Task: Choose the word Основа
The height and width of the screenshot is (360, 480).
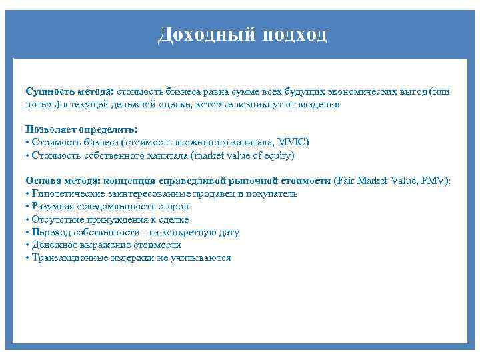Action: pos(41,181)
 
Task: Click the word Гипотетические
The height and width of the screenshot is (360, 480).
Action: pos(64,194)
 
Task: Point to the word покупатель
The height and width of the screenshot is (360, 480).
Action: pos(273,194)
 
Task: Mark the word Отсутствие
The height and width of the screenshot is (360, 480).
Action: pos(56,219)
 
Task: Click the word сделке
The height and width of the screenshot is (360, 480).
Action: pos(174,219)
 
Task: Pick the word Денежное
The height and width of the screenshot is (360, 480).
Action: pos(53,245)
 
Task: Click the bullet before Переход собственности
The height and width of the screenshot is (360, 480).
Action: pos(27,233)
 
